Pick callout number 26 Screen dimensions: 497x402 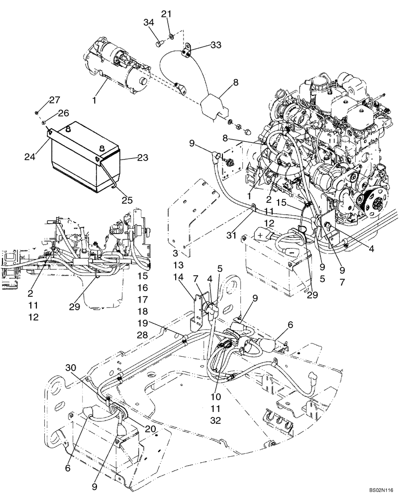pos(63,113)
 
